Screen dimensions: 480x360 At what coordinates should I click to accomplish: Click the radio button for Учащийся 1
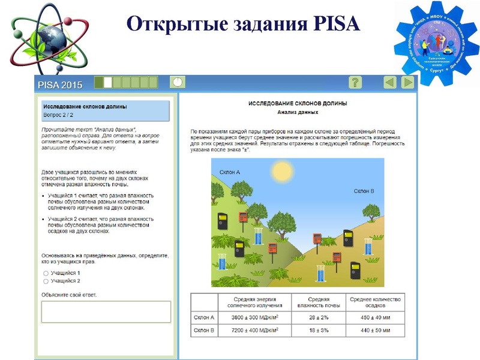46,273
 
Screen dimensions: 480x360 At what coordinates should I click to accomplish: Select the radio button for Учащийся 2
46,280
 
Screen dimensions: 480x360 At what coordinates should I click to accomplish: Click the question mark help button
355,83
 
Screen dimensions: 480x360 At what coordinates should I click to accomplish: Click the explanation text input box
106,311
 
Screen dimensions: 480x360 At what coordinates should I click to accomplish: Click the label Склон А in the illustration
229,173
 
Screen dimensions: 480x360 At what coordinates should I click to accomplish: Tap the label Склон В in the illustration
364,191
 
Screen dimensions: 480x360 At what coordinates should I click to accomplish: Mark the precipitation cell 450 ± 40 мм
376,317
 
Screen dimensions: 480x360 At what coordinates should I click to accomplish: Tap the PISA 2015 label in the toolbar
60,84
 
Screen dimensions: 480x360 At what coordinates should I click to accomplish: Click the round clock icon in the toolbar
178,82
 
